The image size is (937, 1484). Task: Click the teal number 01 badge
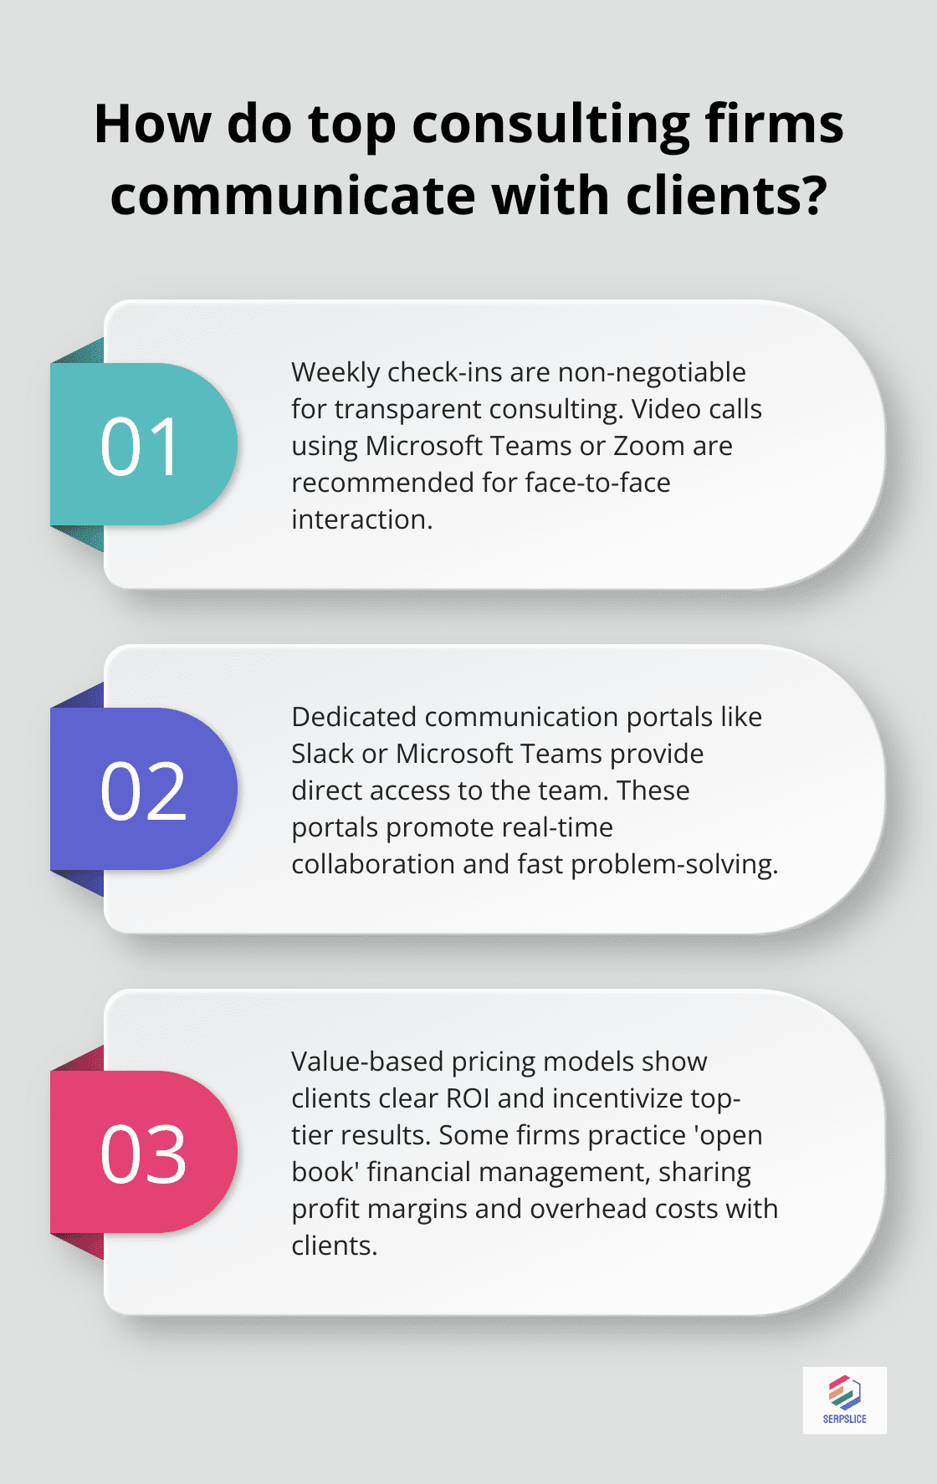pos(142,445)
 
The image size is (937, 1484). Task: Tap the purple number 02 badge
pos(142,790)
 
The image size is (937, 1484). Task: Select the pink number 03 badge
pos(142,1153)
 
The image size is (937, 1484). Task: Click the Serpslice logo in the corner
pos(844,1400)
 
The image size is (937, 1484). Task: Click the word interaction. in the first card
pos(362,519)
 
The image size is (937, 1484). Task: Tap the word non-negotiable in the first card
pos(652,372)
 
